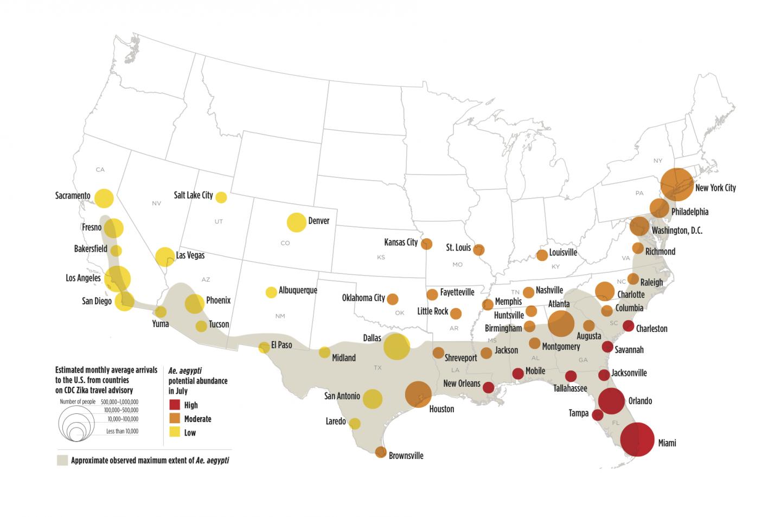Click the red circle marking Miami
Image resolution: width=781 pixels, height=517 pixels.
637,439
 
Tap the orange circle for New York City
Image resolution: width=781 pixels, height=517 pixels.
676,184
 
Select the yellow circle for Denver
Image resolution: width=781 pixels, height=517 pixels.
296,222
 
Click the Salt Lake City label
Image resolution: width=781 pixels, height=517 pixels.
193,195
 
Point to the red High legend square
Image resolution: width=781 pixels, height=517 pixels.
175,405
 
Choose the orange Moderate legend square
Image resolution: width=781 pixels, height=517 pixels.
175,419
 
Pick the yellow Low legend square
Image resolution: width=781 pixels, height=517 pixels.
175,432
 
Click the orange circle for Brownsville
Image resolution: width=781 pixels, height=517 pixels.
381,452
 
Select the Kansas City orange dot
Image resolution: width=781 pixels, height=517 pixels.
426,244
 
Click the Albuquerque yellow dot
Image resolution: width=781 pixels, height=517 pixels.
271,292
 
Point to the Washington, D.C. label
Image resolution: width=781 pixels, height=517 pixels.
677,231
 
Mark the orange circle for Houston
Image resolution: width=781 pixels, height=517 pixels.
418,394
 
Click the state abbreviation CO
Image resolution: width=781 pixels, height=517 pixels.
285,243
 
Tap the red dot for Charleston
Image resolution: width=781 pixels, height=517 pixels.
628,326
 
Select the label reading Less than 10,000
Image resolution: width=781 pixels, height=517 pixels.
122,431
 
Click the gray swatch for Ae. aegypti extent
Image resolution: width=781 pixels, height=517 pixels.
62,461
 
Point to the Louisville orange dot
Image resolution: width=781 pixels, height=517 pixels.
542,255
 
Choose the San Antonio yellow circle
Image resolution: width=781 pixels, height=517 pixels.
372,399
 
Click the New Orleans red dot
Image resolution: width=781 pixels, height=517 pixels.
488,387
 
